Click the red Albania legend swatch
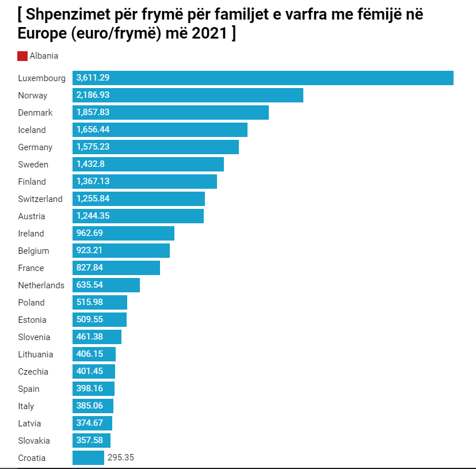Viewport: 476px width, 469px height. click(x=22, y=56)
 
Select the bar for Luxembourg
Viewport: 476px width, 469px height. click(x=262, y=78)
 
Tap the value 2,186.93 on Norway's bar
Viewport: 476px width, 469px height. click(x=93, y=95)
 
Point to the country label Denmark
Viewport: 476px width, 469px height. click(x=35, y=113)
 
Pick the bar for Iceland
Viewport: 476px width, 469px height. click(x=160, y=129)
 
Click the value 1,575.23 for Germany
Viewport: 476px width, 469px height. click(x=93, y=147)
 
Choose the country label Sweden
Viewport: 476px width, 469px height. click(x=33, y=165)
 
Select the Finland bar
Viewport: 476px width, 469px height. click(x=144, y=181)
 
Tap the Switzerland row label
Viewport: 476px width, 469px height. click(x=40, y=199)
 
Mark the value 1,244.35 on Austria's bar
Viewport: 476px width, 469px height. click(x=93, y=216)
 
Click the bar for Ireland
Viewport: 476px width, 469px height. click(x=123, y=233)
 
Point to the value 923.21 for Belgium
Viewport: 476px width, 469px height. click(x=89, y=250)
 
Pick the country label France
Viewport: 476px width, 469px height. click(x=31, y=268)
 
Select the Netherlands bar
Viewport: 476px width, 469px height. click(x=106, y=285)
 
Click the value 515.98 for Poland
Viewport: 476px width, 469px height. click(x=89, y=302)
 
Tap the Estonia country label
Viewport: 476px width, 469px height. click(x=32, y=320)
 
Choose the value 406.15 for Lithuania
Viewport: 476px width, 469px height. click(x=89, y=354)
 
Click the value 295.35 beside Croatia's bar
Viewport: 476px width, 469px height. click(x=121, y=457)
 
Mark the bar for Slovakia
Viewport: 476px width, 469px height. click(x=91, y=440)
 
